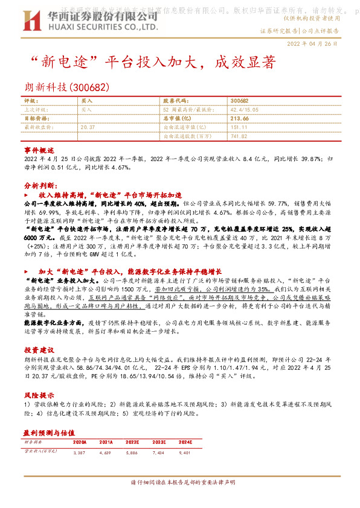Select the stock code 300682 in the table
[239, 101]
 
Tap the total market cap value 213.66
[240, 119]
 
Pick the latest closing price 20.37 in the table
[88, 128]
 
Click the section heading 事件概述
[39, 149]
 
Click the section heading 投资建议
[39, 350]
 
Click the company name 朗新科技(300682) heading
[66, 87]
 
